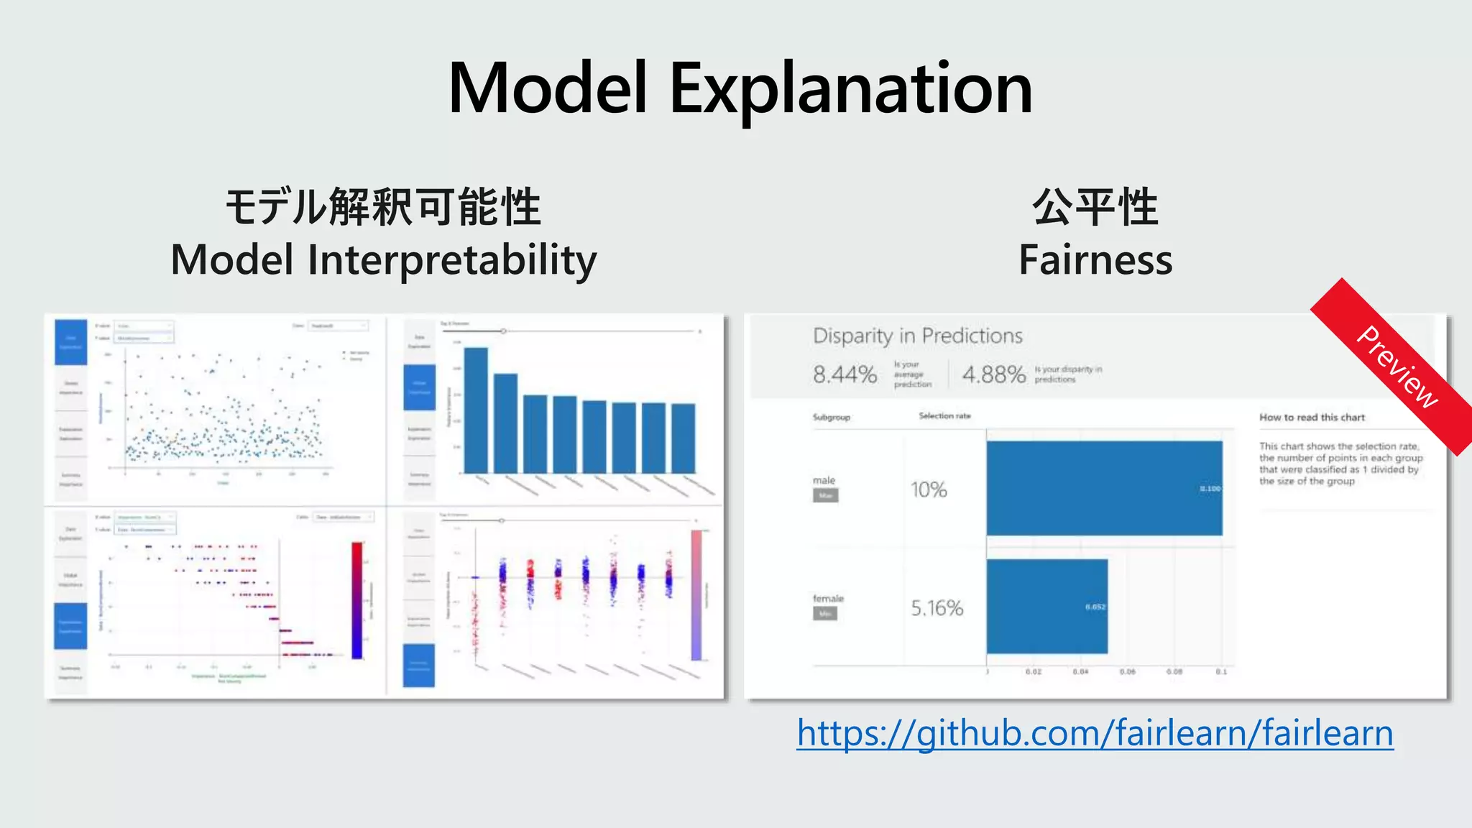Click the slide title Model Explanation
coord(740,89)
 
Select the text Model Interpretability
coord(383,260)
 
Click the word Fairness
coord(1095,260)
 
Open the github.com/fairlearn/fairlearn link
coord(1095,733)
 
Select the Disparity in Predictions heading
coord(917,336)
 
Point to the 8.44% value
coord(845,374)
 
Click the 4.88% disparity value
coord(993,374)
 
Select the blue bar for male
coord(1104,488)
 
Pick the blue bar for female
coord(1046,606)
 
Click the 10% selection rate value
coord(929,490)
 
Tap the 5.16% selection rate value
coord(937,608)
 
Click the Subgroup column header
coord(832,417)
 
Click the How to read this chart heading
coord(1312,417)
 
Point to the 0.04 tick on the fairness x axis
coord(1080,671)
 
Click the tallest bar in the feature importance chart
coord(476,410)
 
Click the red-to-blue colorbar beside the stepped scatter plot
coord(357,600)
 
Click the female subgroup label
coord(828,598)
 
